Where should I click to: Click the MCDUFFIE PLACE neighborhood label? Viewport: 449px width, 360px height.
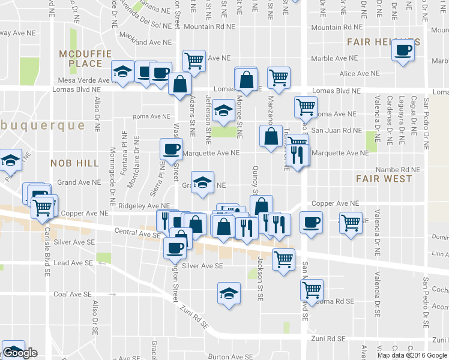tap(81, 59)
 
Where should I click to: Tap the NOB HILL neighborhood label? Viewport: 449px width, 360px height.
tap(72, 163)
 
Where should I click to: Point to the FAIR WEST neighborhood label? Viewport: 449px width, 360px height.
tap(384, 178)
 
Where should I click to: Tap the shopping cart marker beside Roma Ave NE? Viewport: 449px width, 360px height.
tap(306, 107)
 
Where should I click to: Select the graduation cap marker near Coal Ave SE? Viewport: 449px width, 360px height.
tap(228, 294)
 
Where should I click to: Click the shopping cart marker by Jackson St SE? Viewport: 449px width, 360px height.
tap(283, 260)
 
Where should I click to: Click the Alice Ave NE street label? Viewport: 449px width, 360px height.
tap(360, 73)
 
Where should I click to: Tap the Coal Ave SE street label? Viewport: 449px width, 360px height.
tap(72, 295)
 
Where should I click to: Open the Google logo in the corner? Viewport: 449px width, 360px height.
tap(20, 353)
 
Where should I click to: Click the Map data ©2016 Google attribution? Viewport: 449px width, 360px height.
tap(411, 355)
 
